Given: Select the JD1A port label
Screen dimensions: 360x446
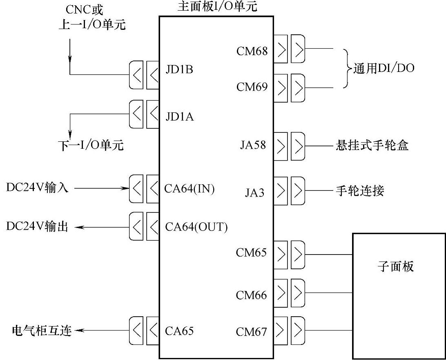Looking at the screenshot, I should (x=179, y=117).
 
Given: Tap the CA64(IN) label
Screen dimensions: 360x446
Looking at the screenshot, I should (x=190, y=189).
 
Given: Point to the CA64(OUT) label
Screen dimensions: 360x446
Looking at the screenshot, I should (x=196, y=227).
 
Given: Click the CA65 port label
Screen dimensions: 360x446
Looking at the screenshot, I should (x=179, y=331).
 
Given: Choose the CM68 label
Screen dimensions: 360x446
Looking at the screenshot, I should (x=252, y=51).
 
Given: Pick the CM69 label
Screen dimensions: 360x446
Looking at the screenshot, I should (x=252, y=87).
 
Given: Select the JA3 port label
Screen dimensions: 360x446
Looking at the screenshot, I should (x=254, y=192).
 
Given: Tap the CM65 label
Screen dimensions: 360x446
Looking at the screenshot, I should (x=251, y=253).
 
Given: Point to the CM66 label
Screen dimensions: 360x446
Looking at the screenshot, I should (x=251, y=295).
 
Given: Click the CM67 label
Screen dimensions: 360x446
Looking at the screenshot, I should (x=251, y=331).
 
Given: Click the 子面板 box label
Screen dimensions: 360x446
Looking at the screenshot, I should (x=395, y=267).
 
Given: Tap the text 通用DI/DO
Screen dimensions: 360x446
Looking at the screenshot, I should (x=384, y=68).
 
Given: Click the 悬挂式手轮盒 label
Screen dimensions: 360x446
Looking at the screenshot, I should (x=372, y=145).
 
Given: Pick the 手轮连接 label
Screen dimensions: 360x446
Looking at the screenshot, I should (x=360, y=191).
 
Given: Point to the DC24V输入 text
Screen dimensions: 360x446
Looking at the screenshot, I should (x=37, y=188).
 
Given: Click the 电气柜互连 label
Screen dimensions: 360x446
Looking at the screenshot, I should (x=42, y=331).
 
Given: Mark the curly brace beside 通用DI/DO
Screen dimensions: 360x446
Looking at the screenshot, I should (x=347, y=68).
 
